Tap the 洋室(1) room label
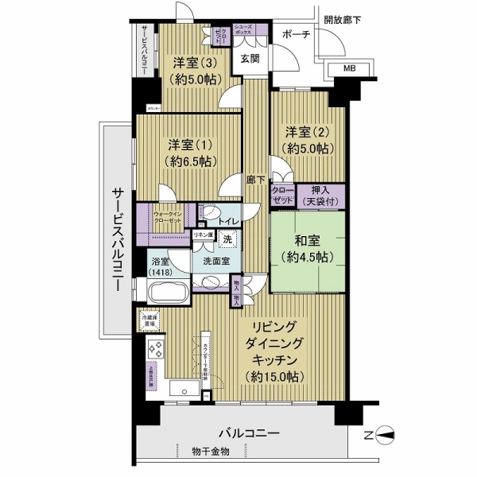pos(189,145)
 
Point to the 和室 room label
pos(307,239)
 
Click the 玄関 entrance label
pos(249,59)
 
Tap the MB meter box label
pos(349,69)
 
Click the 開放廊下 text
pos(342,18)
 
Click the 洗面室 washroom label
pos(215,260)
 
